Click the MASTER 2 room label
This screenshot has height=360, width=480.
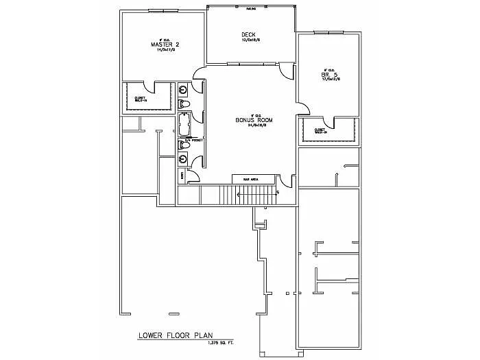(165, 45)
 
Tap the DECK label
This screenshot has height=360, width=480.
(248, 35)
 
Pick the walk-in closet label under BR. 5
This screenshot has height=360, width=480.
(320, 130)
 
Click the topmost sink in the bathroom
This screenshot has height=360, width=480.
(184, 90)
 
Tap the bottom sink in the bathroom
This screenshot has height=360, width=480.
(184, 159)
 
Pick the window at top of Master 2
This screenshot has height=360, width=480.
(165, 11)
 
